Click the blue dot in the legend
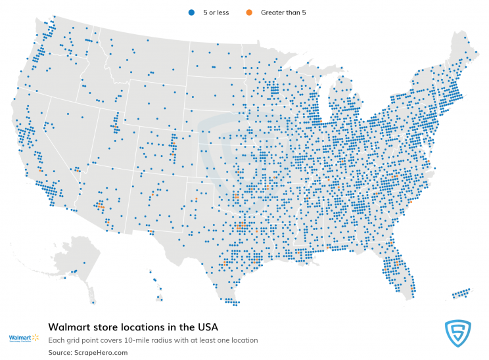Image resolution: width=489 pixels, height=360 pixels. (x=191, y=12)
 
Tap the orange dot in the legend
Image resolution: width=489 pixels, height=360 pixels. (x=248, y=12)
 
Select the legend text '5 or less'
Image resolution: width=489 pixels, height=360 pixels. (x=216, y=12)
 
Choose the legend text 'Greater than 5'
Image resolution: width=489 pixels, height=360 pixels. (x=283, y=12)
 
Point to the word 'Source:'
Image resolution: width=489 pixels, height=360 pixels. (x=61, y=353)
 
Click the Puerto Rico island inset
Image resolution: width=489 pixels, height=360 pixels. (x=461, y=292)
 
